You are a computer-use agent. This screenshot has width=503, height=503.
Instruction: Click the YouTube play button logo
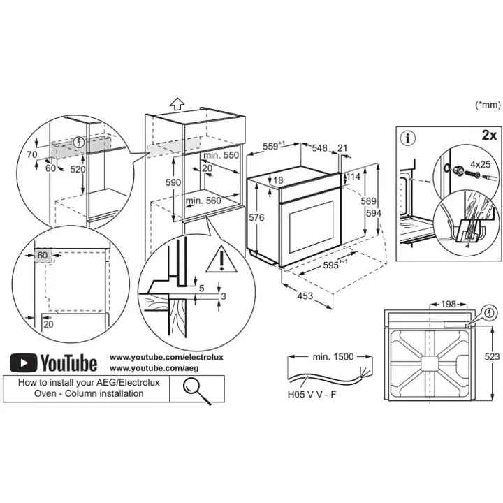click(x=24, y=363)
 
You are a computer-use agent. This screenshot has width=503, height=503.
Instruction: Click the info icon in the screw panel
click(x=409, y=138)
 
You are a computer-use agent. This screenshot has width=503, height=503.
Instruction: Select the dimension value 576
click(x=256, y=218)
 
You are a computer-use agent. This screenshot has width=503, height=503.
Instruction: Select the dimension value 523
click(x=492, y=357)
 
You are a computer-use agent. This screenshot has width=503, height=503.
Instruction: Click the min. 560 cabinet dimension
click(x=203, y=200)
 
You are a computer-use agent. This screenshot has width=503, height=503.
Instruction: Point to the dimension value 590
click(x=173, y=182)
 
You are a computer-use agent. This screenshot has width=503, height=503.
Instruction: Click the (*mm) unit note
click(x=488, y=105)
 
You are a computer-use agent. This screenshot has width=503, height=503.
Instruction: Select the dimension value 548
click(x=320, y=148)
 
